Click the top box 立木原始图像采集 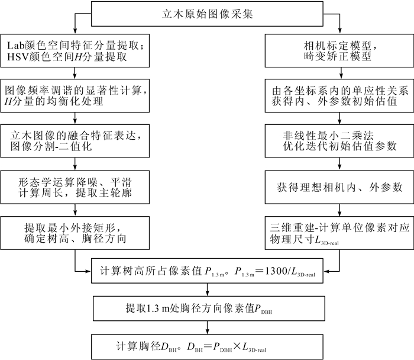pos(207,14)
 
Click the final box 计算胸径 pos(206,345)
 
